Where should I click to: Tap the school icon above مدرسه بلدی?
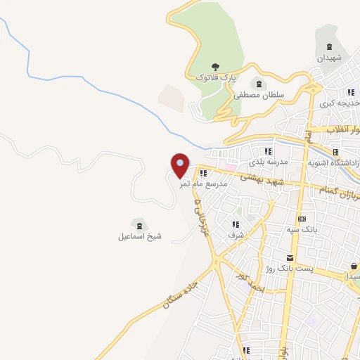pyautogui.click(x=267, y=151)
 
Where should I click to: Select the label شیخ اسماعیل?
pyautogui.click(x=140, y=236)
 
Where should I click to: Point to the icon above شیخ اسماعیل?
pyautogui.click(x=139, y=226)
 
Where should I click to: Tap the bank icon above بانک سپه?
pyautogui.click(x=302, y=219)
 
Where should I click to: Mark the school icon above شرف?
pyautogui.click(x=234, y=225)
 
